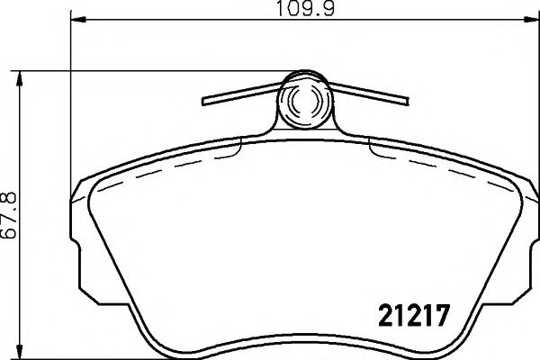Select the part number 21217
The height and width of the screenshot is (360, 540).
pyautogui.click(x=410, y=316)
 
